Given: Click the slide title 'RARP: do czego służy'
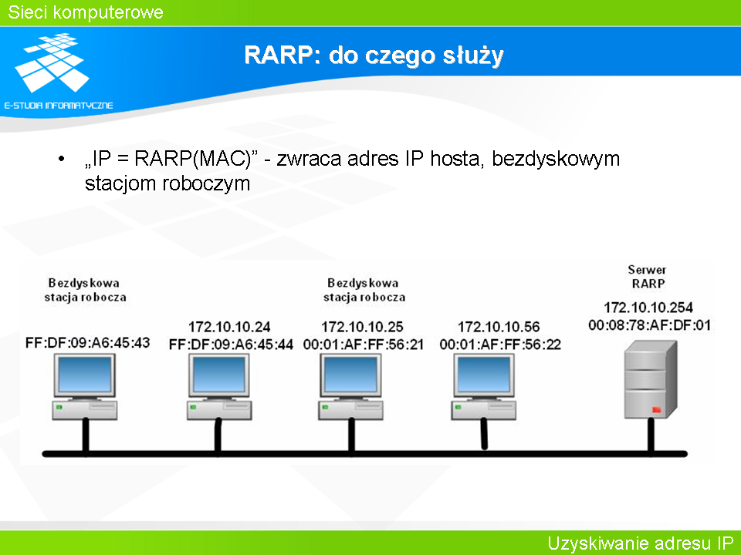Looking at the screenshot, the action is point(374,55).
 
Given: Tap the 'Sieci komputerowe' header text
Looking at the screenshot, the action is point(86,12).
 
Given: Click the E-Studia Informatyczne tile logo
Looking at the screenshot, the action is point(52,62).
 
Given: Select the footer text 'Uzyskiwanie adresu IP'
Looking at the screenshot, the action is point(641,543).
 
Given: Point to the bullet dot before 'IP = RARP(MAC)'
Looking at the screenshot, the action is point(61,159).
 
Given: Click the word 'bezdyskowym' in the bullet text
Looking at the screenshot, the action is point(556,159).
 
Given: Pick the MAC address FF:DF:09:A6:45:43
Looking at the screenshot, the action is point(87,342).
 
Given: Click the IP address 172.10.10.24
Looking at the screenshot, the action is point(229,327).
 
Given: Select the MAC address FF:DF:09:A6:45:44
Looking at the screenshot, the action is point(231,345).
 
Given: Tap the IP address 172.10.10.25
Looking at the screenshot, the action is point(362,327).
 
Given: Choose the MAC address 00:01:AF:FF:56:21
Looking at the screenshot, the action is point(363,345).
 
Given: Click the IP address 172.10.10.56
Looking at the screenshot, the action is point(499,327).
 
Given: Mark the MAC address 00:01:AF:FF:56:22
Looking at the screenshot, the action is point(500,345).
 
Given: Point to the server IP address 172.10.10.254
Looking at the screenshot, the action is point(648,308).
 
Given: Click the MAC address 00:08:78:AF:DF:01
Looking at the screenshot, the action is point(649,325).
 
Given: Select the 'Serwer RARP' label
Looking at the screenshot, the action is point(648,277).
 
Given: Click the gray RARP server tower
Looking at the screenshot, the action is point(650,379).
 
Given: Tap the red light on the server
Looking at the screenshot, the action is point(656,409).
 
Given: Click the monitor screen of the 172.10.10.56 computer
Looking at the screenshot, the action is point(484,374).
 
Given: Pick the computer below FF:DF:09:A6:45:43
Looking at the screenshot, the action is point(85,387).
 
